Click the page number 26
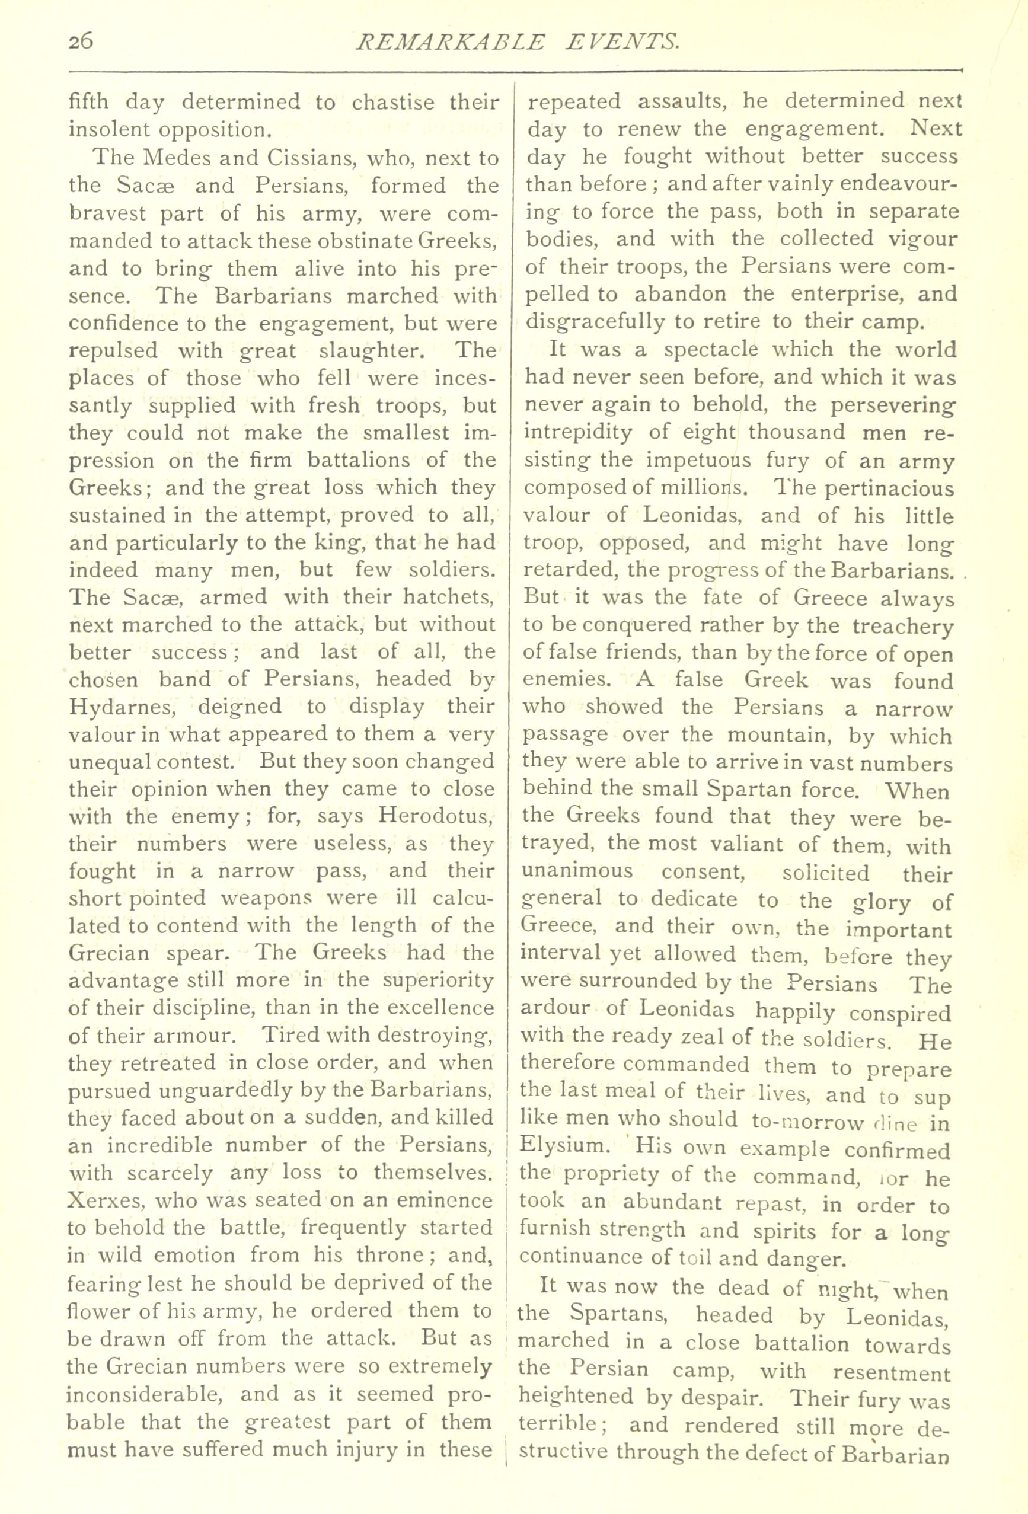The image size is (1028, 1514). point(81,41)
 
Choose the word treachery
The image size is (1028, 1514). point(902,626)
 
